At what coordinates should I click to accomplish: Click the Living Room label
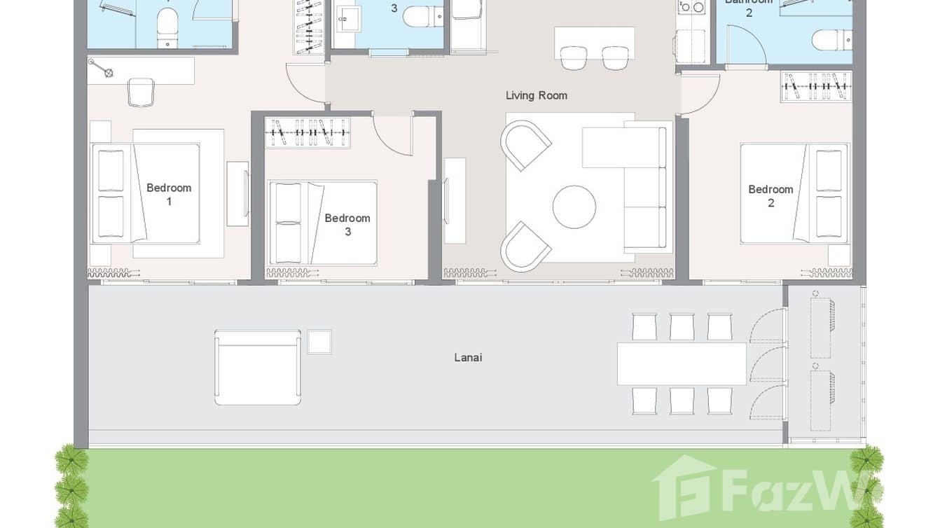click(536, 95)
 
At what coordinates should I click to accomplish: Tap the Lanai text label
click(468, 357)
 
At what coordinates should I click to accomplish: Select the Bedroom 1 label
click(168, 194)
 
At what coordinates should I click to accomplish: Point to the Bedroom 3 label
click(347, 224)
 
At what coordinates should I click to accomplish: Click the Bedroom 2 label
click(770, 195)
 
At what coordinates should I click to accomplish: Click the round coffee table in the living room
click(574, 207)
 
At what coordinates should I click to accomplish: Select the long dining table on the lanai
click(681, 363)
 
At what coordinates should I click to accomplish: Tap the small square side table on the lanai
click(319, 342)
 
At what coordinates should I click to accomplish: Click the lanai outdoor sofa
click(257, 368)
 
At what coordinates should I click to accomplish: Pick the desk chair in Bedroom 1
click(141, 92)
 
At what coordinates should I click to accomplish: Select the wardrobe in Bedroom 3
click(307, 132)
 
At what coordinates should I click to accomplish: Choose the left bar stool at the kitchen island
click(574, 58)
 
